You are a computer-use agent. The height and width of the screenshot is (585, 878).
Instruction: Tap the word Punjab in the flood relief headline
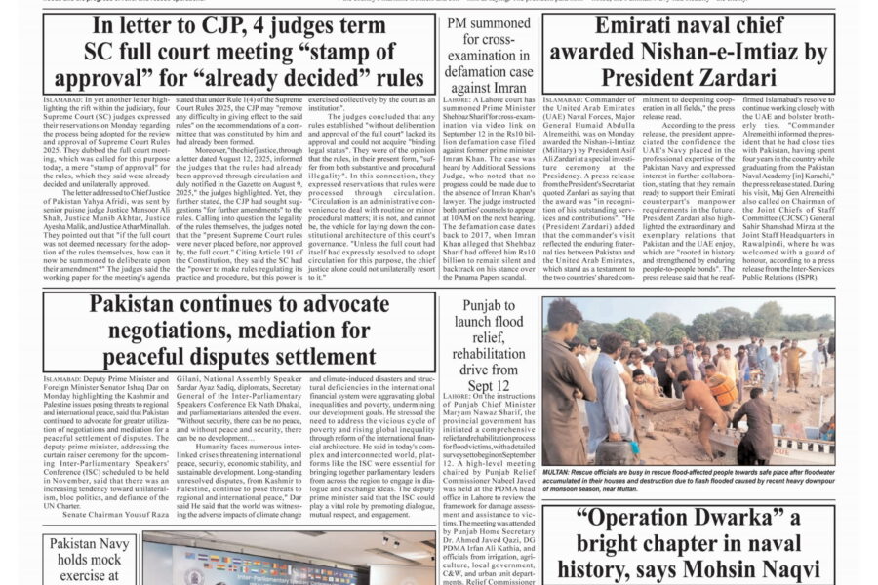(489, 306)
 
